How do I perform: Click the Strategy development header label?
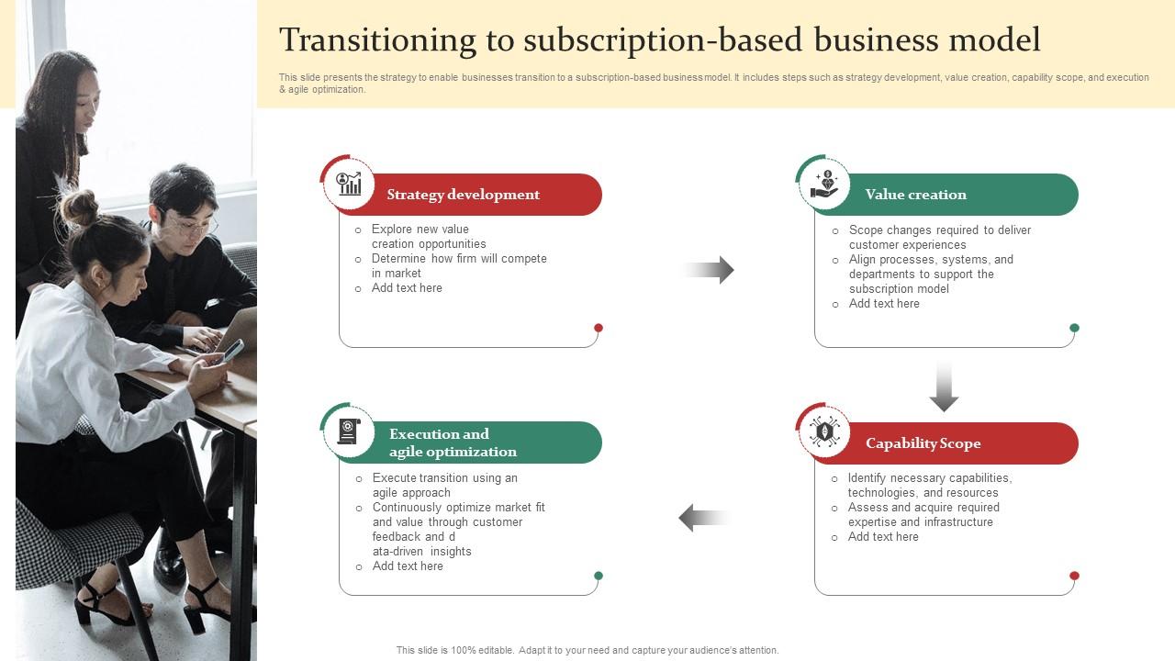[x=463, y=195]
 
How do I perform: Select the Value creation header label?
[x=915, y=195]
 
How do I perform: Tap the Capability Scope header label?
[x=923, y=443]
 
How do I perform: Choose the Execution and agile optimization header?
[x=453, y=443]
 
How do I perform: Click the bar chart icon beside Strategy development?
[x=349, y=183]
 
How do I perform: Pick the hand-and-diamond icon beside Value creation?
[x=824, y=184]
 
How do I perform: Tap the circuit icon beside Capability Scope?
[x=824, y=431]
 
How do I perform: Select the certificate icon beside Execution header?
[x=349, y=431]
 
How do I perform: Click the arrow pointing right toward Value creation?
[x=709, y=270]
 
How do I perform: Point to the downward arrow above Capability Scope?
[x=944, y=387]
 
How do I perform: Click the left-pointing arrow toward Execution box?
[x=703, y=518]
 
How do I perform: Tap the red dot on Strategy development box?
[x=599, y=328]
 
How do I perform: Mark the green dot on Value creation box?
[x=1074, y=328]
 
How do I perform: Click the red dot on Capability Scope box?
[x=1074, y=576]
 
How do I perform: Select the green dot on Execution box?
[x=599, y=576]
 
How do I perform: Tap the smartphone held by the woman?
[x=233, y=350]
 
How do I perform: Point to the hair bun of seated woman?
[x=81, y=207]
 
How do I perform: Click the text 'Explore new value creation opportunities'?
[x=429, y=237]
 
